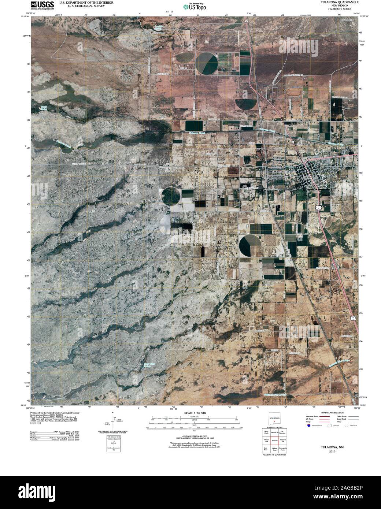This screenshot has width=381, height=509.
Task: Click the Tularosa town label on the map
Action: click(291, 175)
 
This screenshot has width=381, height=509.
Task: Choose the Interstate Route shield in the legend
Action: click(309, 426)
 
